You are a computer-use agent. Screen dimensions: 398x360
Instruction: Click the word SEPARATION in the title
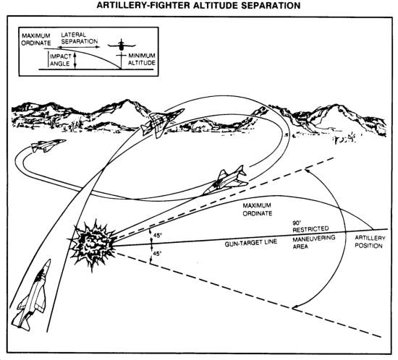point(271,5)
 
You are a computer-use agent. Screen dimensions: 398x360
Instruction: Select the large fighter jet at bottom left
point(32,295)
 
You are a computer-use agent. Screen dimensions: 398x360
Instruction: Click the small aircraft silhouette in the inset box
point(122,46)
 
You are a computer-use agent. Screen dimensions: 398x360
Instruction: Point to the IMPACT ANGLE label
point(60,60)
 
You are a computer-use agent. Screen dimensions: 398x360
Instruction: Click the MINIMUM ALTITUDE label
point(142,59)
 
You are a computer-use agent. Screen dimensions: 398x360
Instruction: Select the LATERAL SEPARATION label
point(79,38)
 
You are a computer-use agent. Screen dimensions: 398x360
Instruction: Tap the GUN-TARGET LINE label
point(251,243)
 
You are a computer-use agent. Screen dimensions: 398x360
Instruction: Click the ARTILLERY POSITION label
point(370,242)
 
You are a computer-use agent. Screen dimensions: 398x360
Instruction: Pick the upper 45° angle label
point(157,236)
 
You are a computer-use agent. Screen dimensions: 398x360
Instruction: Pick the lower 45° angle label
point(157,254)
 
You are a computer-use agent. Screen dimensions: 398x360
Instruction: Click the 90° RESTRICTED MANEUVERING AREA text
point(314,235)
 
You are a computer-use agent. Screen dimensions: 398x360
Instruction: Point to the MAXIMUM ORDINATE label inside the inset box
point(36,39)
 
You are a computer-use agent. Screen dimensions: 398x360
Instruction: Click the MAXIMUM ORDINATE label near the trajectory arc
point(257,210)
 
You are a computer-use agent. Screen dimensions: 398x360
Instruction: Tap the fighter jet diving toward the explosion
point(225,179)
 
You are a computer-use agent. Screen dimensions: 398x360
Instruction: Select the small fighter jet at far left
point(48,145)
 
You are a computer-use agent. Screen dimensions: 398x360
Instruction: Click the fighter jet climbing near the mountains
point(162,122)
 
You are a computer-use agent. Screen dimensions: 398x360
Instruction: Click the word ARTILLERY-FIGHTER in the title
point(143,5)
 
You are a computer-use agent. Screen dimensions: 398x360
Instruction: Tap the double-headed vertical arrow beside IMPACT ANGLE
point(75,61)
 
